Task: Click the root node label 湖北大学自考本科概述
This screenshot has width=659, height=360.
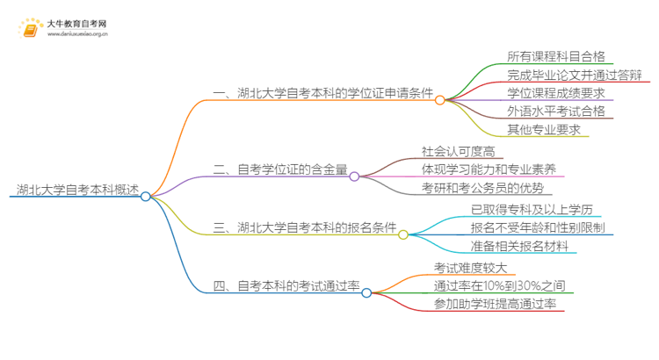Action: coord(77,190)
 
